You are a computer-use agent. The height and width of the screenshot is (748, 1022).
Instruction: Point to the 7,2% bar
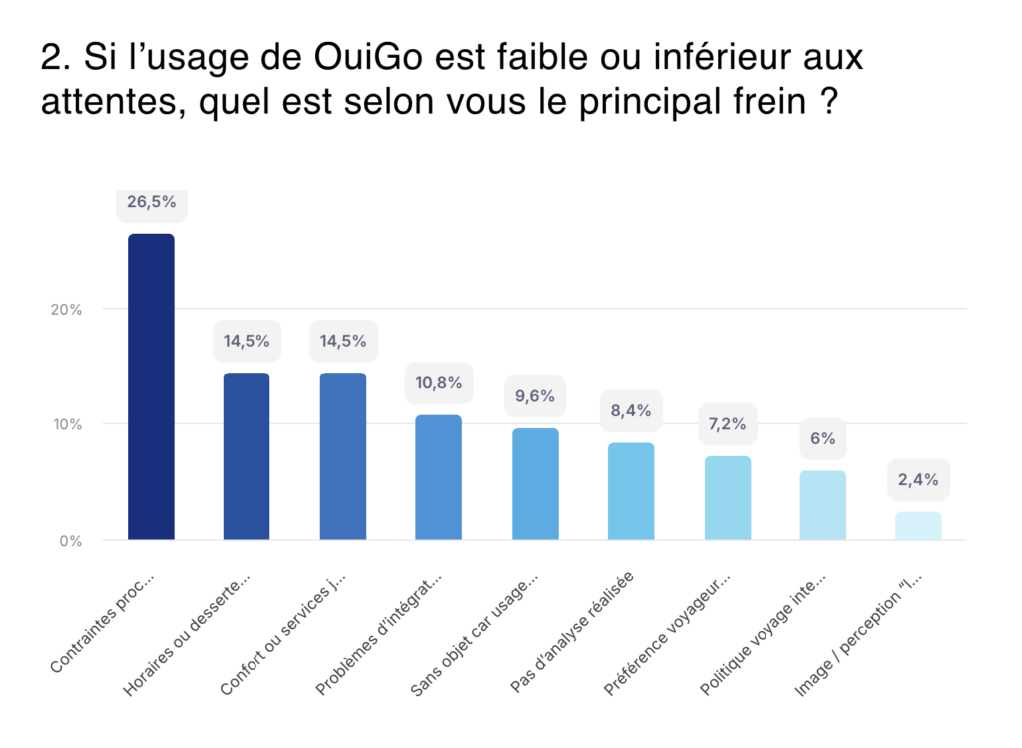tap(727, 498)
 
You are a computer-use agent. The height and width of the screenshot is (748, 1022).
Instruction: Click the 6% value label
tap(823, 438)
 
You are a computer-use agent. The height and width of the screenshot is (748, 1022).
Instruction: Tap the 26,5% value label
tap(151, 201)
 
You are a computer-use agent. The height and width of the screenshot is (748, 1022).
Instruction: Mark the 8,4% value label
tap(631, 410)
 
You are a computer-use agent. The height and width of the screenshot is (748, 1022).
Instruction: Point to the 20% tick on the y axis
tap(66, 309)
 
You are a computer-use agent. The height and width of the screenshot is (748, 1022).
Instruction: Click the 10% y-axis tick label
tap(66, 424)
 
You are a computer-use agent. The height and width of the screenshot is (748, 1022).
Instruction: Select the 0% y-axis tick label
tap(70, 541)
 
